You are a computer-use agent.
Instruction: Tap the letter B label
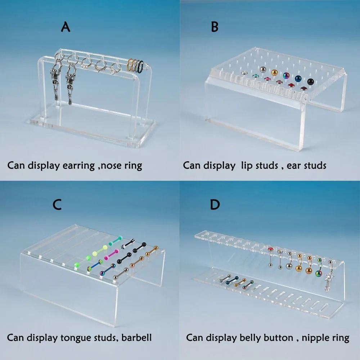coord(215,27)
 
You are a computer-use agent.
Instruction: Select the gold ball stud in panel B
coord(274,72)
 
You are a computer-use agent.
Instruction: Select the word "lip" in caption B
coord(247,165)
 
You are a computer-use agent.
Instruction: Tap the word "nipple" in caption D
coord(315,338)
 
